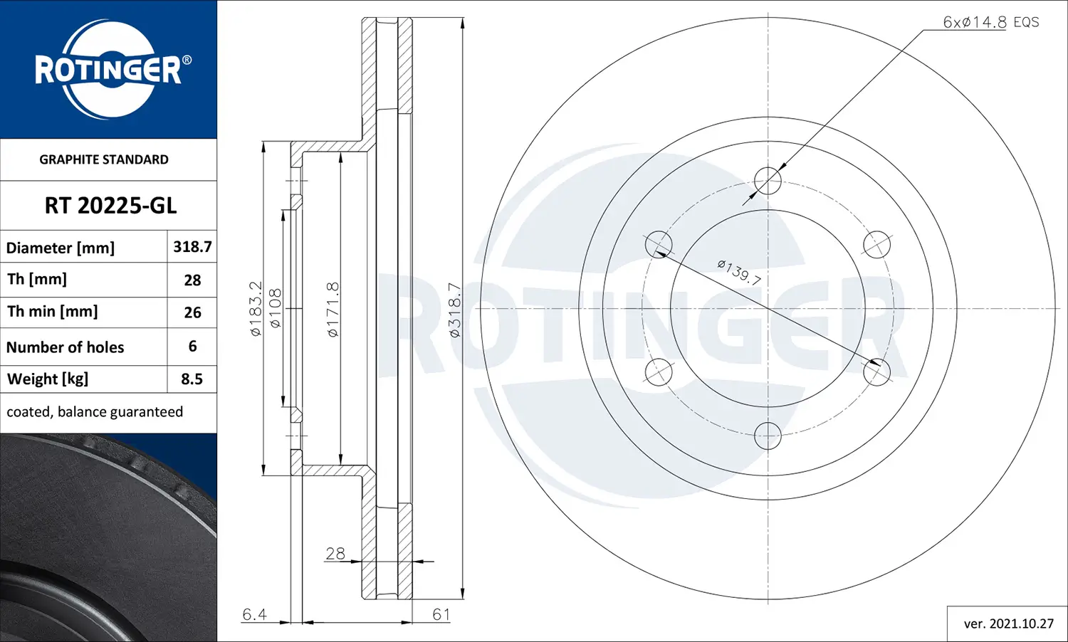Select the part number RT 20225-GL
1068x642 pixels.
pyautogui.click(x=110, y=206)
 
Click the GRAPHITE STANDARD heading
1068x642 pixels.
pyautogui.click(x=104, y=159)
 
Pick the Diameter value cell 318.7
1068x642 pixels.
pyautogui.click(x=192, y=247)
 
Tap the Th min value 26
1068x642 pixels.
pyautogui.click(x=192, y=312)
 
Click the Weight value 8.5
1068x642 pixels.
pyautogui.click(x=192, y=379)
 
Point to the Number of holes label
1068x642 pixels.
pyautogui.click(x=65, y=347)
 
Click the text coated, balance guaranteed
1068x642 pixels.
pyautogui.click(x=95, y=412)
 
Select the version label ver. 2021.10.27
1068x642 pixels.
pyautogui.click(x=1008, y=623)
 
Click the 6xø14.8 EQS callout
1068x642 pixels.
pyautogui.click(x=990, y=22)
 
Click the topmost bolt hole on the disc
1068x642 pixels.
pyautogui.click(x=768, y=181)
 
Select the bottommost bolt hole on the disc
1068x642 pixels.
pyautogui.click(x=768, y=436)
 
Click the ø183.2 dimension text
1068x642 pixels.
pyautogui.click(x=256, y=308)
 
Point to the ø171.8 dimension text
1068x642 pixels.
pyautogui.click(x=333, y=309)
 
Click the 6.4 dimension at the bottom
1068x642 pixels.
pyautogui.click(x=254, y=614)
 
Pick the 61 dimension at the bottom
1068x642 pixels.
pyautogui.click(x=441, y=614)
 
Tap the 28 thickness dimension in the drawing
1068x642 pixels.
pyautogui.click(x=335, y=553)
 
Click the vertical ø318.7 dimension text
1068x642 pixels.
pyautogui.click(x=454, y=309)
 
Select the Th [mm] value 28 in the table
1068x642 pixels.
pyautogui.click(x=192, y=280)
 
